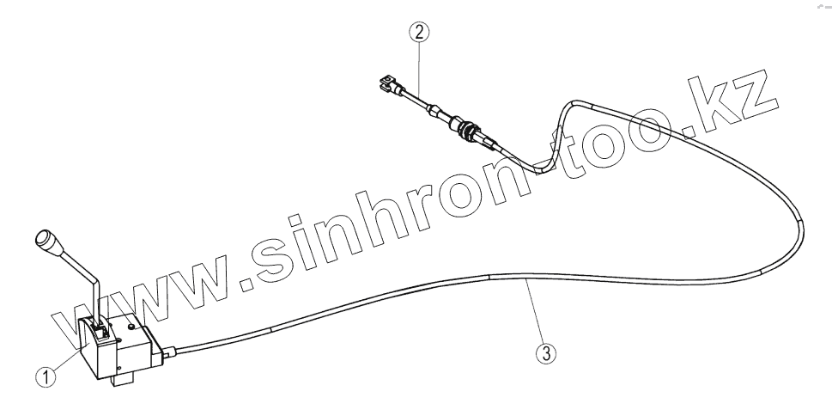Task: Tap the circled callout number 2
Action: (418, 34)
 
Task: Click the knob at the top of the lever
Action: (46, 240)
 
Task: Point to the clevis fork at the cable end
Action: (387, 85)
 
